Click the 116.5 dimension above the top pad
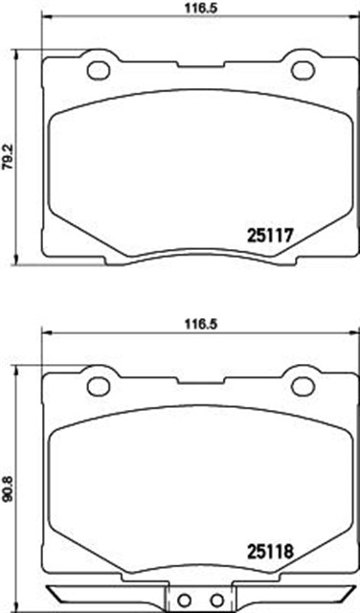pos(201,8)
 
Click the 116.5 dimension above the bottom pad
pos(201,324)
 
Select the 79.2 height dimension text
pos(8,157)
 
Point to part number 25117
pos(270,236)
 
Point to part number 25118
pos(270,552)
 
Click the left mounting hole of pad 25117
pos(98,70)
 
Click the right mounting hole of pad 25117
pos(303,70)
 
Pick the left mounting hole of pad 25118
pos(98,387)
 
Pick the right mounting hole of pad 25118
pos(303,387)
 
